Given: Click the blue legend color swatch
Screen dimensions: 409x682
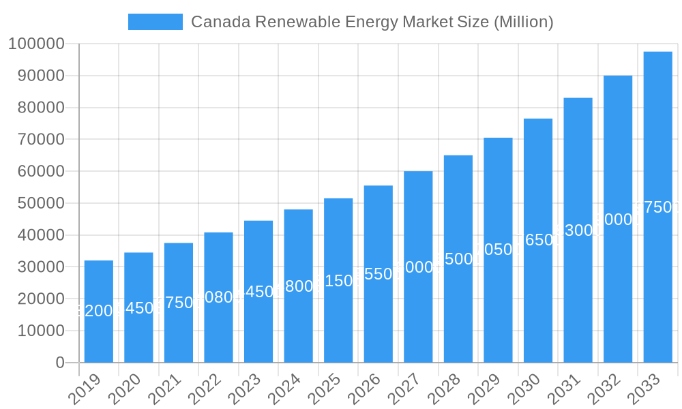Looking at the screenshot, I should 155,22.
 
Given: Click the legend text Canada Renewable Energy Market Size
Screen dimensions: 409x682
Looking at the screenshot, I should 372,22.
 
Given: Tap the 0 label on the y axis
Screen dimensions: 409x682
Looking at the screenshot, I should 60,363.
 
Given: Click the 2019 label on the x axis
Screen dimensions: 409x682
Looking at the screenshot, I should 85,389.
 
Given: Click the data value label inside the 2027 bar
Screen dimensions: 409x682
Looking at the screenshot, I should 418,267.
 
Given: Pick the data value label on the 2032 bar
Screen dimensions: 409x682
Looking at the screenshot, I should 618,219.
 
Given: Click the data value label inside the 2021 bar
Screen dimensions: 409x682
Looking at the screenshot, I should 179,303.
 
